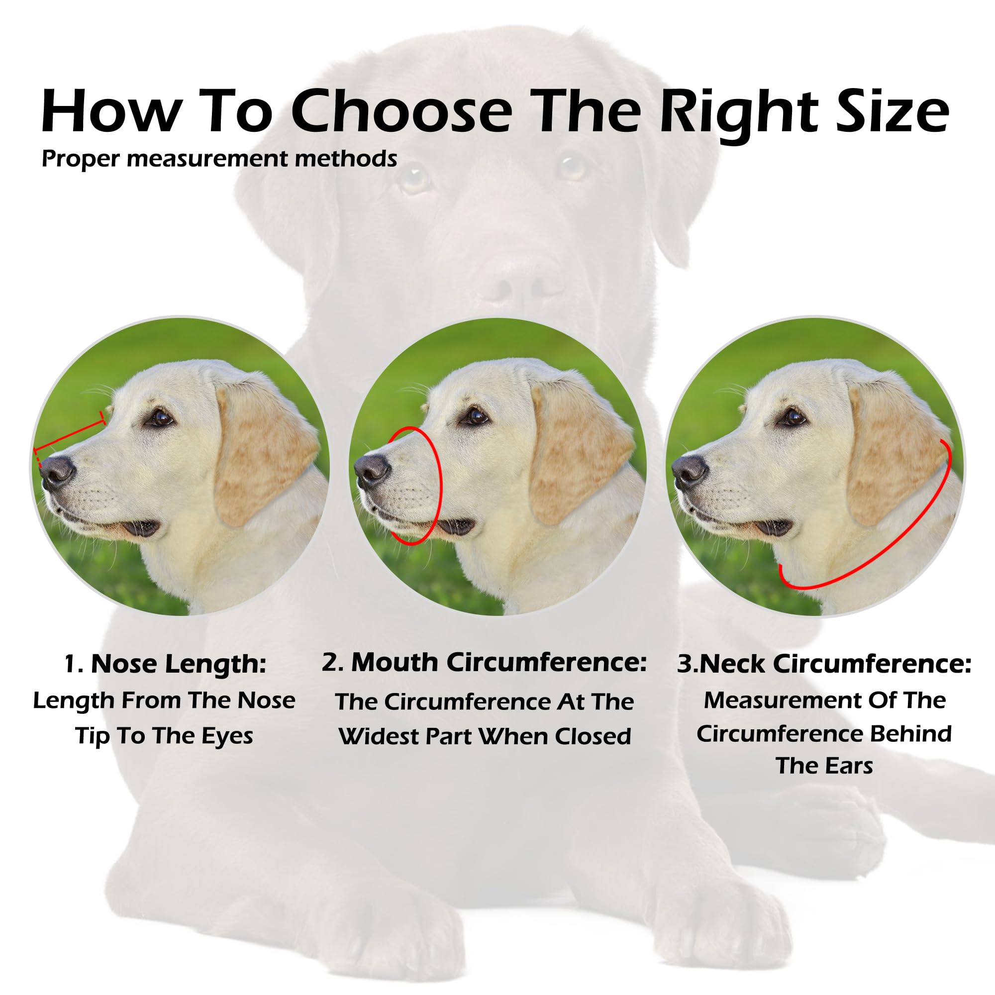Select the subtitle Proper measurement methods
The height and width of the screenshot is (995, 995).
pyautogui.click(x=219, y=159)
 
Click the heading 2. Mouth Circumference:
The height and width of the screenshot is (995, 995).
pyautogui.click(x=484, y=663)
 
